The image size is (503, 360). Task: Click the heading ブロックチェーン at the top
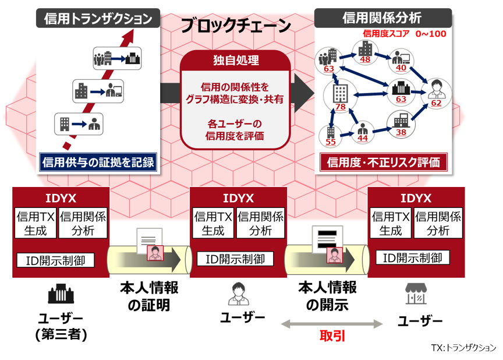(235, 26)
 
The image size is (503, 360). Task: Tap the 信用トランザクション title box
(98, 19)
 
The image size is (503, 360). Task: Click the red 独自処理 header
(235, 60)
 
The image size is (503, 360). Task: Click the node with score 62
(436, 103)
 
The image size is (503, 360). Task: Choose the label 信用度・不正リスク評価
(383, 161)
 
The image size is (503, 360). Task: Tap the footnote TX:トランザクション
(463, 347)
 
